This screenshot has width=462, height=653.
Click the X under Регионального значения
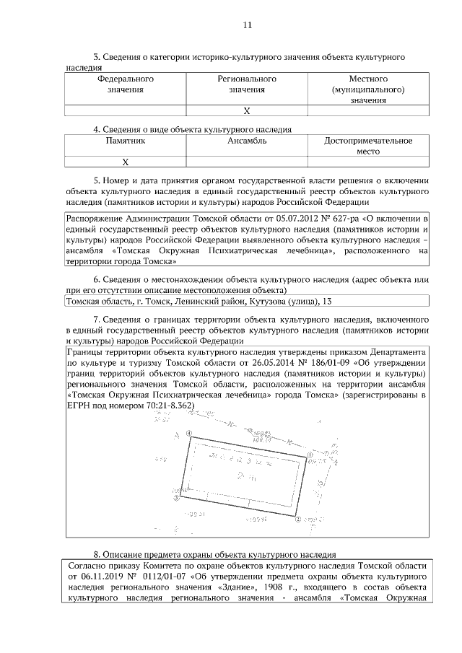coord(247,111)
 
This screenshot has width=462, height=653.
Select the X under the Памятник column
coord(125,162)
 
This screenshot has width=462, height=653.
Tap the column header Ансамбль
coord(247,141)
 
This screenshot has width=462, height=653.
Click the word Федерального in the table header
coord(125,78)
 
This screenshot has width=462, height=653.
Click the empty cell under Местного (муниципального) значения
coord(368,111)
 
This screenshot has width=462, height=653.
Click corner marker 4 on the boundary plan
coord(189,434)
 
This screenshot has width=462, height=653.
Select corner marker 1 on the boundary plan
coord(310,455)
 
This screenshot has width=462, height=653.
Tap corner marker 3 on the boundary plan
coord(176,497)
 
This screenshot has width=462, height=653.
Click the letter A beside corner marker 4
coord(176,436)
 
